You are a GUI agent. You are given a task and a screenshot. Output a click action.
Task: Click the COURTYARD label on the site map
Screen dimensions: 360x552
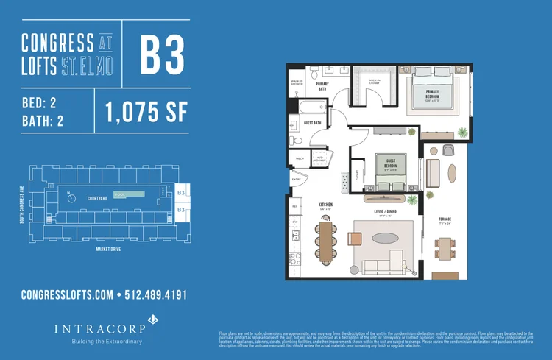tap(98, 198)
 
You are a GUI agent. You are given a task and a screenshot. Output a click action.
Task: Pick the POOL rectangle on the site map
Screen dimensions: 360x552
tap(132, 194)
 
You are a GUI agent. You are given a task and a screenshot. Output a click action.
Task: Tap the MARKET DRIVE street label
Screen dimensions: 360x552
tap(108, 249)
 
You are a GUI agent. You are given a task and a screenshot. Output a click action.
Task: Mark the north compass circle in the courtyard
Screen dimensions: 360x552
tap(71, 197)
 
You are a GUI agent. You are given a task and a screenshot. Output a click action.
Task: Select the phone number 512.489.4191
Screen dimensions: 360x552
tap(156, 294)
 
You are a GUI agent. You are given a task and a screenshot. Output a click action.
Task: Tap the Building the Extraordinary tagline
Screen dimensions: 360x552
tap(107, 342)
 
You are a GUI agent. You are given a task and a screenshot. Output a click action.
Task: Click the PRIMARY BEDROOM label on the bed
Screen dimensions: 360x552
tap(432, 93)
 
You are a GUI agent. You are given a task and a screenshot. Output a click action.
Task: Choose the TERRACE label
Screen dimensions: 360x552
tap(445, 219)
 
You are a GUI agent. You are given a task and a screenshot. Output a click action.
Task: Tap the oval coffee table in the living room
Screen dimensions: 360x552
tap(387, 238)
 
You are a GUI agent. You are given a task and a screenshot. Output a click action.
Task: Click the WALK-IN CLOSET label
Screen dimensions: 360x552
tap(375, 80)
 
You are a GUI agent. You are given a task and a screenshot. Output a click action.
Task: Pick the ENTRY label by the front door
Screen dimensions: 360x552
tap(297, 179)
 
